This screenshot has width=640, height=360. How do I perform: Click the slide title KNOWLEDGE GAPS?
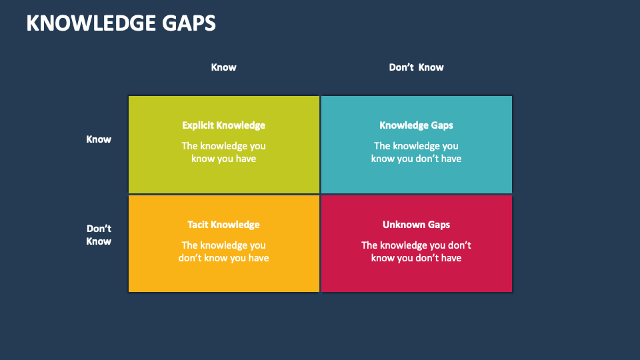121,23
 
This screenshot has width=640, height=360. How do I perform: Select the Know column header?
223,67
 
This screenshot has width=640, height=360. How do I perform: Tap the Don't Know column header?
416,67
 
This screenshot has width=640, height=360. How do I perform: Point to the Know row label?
99,139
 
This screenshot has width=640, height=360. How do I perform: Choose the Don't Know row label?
99,235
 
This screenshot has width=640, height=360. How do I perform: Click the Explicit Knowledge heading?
223,125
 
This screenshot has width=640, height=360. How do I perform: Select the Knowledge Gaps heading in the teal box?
416,125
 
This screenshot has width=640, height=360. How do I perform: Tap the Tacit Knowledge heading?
223,225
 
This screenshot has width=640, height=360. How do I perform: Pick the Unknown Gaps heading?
416,225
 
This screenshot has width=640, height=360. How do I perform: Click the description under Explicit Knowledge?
223,152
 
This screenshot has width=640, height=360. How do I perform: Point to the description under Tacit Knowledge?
223,251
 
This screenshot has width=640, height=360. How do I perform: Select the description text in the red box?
416,251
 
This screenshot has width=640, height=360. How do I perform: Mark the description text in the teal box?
416,152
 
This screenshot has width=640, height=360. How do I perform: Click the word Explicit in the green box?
198,125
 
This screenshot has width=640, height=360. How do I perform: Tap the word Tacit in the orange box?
199,225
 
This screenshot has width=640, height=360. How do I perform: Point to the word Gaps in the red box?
438,225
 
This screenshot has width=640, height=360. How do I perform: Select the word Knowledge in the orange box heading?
236,225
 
